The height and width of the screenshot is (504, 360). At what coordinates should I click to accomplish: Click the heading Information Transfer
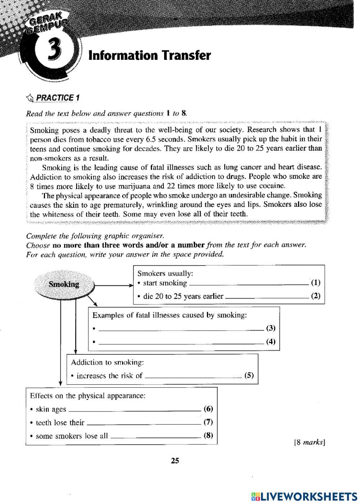point(149,55)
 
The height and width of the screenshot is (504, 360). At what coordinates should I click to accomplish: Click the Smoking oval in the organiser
point(64,284)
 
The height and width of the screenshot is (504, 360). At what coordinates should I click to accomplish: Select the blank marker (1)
point(315,282)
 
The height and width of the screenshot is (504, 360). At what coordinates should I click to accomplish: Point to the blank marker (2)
point(315,296)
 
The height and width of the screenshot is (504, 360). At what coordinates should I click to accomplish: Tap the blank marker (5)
point(249,375)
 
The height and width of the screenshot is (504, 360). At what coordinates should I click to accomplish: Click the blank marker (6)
point(208,409)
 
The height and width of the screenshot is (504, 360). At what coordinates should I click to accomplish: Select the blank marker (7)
point(208,422)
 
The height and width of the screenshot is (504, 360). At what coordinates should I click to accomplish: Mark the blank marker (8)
point(208,435)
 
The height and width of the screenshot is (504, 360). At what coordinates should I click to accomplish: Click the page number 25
point(175,460)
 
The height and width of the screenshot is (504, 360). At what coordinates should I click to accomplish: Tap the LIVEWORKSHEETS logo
point(304,496)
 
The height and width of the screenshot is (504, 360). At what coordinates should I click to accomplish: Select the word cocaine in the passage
point(273,186)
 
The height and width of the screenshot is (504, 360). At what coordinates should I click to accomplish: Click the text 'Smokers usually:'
point(165,273)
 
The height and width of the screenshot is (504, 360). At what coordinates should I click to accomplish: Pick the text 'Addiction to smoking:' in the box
point(107,362)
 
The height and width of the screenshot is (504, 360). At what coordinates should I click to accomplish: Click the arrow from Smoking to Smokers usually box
point(113,286)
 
